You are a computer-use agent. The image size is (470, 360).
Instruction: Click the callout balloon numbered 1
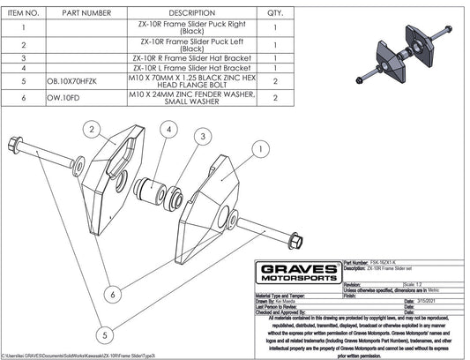pos(257,149)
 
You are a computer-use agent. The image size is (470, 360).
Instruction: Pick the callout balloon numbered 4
pos(167,130)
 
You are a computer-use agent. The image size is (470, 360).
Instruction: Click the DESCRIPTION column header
pos(191,13)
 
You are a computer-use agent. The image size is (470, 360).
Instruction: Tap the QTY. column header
pos(275,13)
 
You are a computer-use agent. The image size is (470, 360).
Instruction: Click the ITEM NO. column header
pos(21,13)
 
